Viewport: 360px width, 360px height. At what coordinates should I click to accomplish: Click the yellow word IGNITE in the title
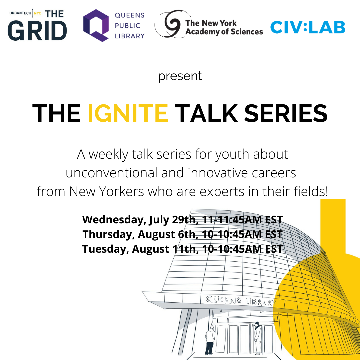128,113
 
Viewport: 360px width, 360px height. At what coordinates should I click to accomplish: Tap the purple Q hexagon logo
96,25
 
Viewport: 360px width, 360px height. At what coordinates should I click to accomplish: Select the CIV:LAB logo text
308,27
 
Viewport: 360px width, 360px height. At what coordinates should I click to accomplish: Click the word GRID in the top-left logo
37,31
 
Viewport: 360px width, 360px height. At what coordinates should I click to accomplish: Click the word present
180,76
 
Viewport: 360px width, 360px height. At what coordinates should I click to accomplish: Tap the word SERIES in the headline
286,113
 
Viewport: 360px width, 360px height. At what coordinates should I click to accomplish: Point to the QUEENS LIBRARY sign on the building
240,301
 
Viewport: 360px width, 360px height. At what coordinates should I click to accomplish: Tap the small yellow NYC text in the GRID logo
38,13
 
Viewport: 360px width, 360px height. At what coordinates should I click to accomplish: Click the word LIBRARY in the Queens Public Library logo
130,36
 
